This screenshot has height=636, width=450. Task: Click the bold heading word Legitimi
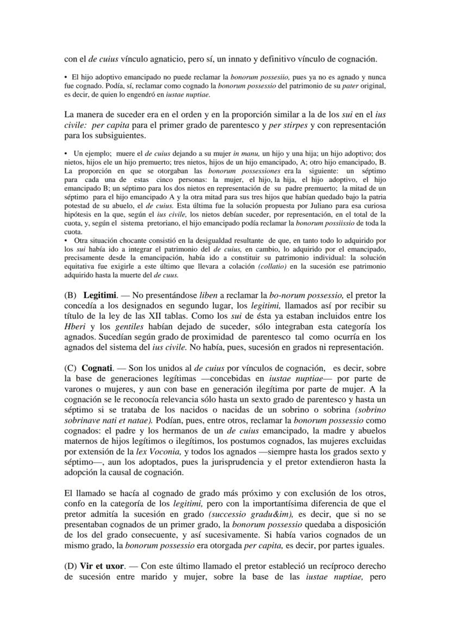pyautogui.click(x=99, y=295)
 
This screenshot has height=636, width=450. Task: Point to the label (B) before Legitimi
pyautogui.click(x=70, y=295)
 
